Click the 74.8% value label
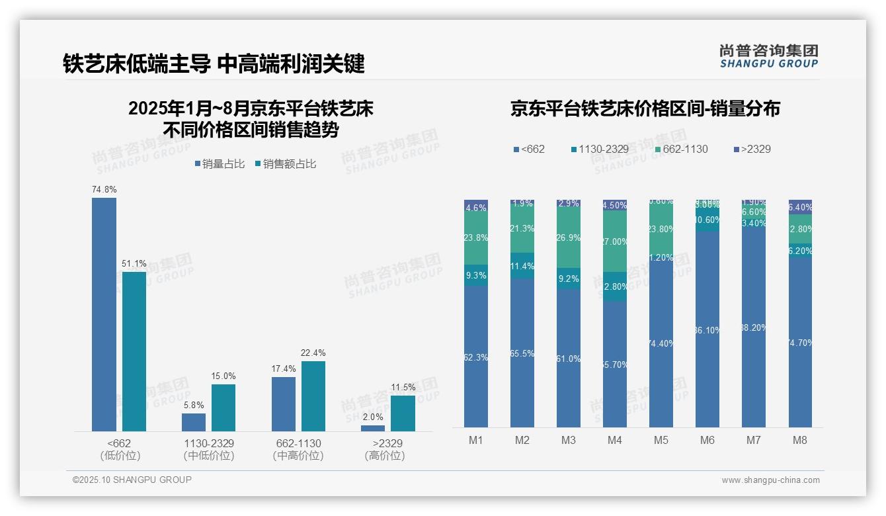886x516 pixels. point(104,189)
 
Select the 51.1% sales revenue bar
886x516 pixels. point(134,351)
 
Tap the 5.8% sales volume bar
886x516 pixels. point(194,422)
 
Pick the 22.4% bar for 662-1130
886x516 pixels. point(313,396)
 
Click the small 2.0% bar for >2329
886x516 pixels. point(373,428)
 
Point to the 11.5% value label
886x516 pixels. point(403,387)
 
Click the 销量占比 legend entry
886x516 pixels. point(222,164)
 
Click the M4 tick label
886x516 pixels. point(614,441)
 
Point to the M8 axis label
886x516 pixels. point(799,441)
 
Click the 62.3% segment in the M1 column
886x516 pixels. point(476,357)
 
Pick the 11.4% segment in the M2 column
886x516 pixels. point(522,266)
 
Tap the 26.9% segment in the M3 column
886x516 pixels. point(569,237)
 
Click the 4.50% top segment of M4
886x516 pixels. point(615,205)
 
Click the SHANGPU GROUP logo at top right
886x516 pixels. point(769,56)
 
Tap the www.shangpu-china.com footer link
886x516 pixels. point(770,480)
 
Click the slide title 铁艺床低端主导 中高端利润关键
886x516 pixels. point(214,64)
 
